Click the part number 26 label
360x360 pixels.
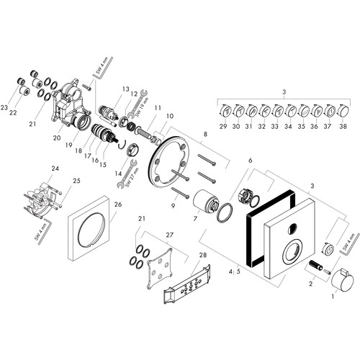click(118, 204)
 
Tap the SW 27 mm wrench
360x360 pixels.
click(127, 174)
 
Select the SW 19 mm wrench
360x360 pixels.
click(138, 104)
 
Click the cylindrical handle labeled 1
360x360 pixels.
click(343, 281)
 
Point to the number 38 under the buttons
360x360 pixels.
click(343, 126)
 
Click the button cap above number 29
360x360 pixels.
click(225, 111)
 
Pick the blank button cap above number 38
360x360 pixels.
click(343, 111)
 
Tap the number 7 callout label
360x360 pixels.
click(195, 218)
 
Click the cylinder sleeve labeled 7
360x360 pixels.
click(206, 200)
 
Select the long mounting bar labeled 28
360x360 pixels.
click(187, 284)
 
